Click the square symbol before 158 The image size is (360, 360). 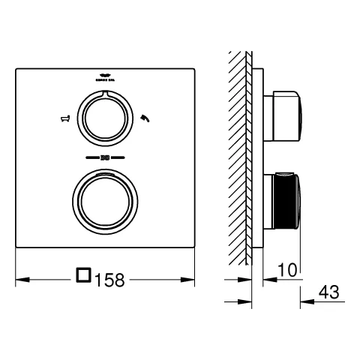pos(84,277)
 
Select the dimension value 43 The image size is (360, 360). pos(329,292)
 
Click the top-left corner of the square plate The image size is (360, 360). pos(16,70)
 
